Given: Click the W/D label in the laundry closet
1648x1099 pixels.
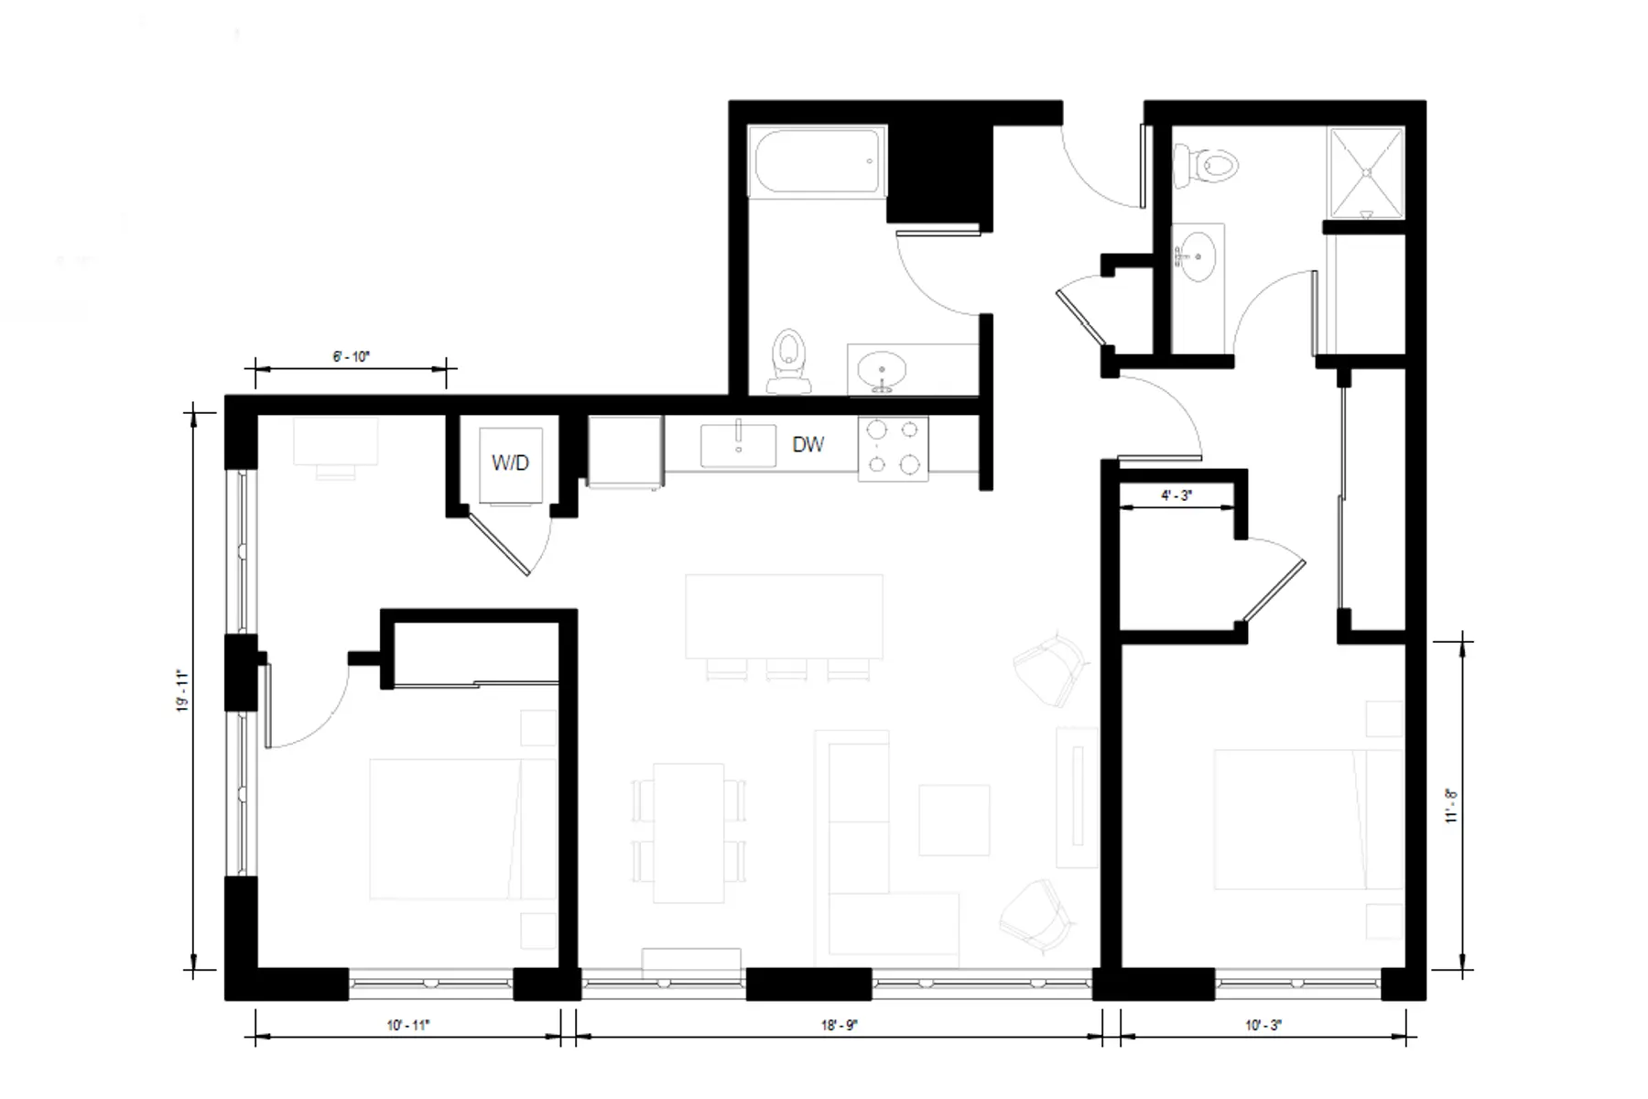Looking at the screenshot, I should (510, 462).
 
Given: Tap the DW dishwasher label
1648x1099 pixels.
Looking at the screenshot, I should (808, 445).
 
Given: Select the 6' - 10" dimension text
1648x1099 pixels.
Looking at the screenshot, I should (351, 356).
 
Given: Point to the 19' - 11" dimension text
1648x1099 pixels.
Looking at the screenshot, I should (183, 691).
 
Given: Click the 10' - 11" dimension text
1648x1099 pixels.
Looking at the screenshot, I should (407, 1026).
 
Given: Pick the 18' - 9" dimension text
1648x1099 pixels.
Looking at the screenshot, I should (839, 1026).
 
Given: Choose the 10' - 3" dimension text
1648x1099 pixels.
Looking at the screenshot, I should (1263, 1026).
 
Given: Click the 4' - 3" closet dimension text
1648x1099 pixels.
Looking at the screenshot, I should (1176, 495).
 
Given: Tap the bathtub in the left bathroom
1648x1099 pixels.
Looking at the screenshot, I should (817, 160).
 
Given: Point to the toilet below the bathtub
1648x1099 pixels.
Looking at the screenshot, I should (788, 359).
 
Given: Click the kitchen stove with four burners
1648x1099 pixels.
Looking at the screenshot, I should (893, 448).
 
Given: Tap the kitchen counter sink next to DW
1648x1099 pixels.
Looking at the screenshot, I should (738, 445).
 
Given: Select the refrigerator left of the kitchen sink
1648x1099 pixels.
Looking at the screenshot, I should (624, 451).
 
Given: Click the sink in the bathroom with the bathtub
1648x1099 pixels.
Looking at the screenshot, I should (883, 371).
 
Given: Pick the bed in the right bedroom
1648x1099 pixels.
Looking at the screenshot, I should (1307, 819).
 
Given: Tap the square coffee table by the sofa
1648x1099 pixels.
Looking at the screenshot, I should (954, 819).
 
